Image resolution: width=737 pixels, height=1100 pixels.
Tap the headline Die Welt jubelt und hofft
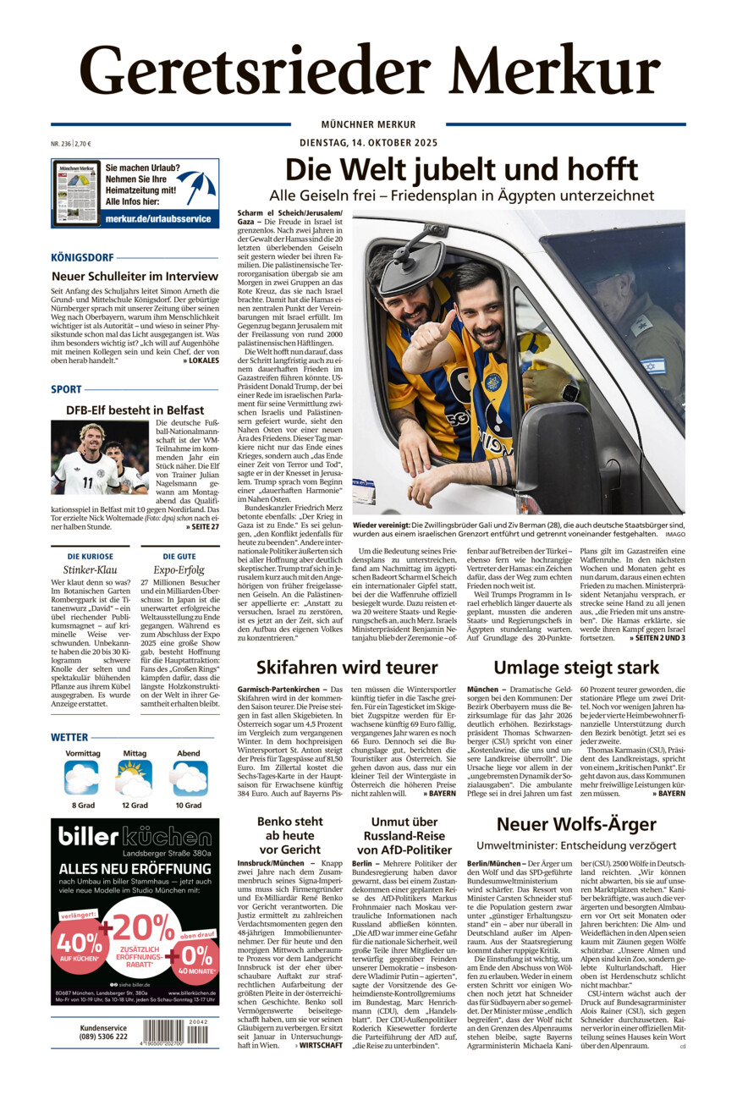461,169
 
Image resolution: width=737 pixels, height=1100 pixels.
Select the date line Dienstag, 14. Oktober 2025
368,142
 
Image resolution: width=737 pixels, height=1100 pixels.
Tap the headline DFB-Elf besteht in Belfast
135,410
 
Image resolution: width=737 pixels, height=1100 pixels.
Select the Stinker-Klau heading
85,570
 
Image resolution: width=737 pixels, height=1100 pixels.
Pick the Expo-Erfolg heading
180,570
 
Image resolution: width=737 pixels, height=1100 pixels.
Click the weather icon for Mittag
135,778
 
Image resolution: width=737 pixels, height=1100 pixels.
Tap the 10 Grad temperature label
189,805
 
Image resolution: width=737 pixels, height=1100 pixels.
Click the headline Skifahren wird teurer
347,667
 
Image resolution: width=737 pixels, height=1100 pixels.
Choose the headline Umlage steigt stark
575,667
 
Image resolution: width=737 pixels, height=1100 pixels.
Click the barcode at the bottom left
175,1031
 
